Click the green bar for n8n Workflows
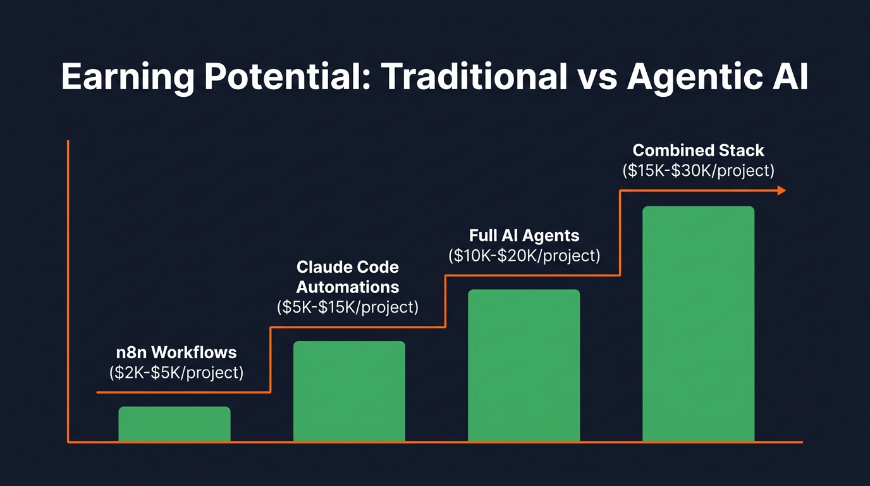175,424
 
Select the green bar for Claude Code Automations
349,391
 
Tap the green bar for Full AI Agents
524,365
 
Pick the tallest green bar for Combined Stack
698,323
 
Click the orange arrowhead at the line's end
781,190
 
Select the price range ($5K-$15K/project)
348,308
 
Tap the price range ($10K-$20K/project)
524,256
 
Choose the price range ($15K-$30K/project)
698,170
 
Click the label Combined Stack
698,151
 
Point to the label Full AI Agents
524,236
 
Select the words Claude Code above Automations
348,267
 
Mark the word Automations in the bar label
348,287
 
